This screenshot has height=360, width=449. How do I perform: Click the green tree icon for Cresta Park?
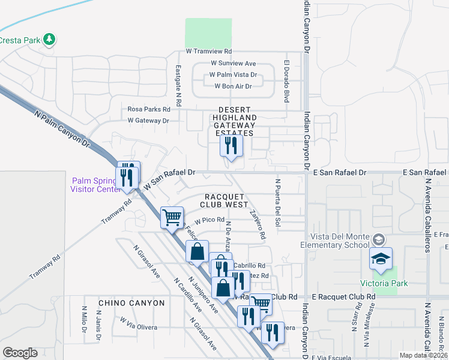pyautogui.click(x=50, y=40)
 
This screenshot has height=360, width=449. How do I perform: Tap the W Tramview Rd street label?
pyautogui.click(x=208, y=52)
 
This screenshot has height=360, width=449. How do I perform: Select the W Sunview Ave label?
pyautogui.click(x=233, y=64)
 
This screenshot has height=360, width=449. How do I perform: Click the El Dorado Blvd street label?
pyautogui.click(x=287, y=81)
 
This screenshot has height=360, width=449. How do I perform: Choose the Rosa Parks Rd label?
pyautogui.click(x=149, y=109)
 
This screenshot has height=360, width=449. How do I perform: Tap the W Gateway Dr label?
pyautogui.click(x=148, y=121)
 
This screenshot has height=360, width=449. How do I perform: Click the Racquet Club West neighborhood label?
pyautogui.click(x=226, y=200)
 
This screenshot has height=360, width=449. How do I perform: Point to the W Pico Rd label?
pyautogui.click(x=208, y=220)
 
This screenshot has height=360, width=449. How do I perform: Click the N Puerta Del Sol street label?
pyautogui.click(x=277, y=204)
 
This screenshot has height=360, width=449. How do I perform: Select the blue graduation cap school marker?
pyautogui.click(x=381, y=258)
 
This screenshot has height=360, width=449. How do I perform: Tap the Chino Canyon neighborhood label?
pyautogui.click(x=131, y=303)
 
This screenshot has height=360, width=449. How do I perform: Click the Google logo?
pyautogui.click(x=20, y=353)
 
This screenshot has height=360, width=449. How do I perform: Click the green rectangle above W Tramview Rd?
pyautogui.click(x=208, y=32)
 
